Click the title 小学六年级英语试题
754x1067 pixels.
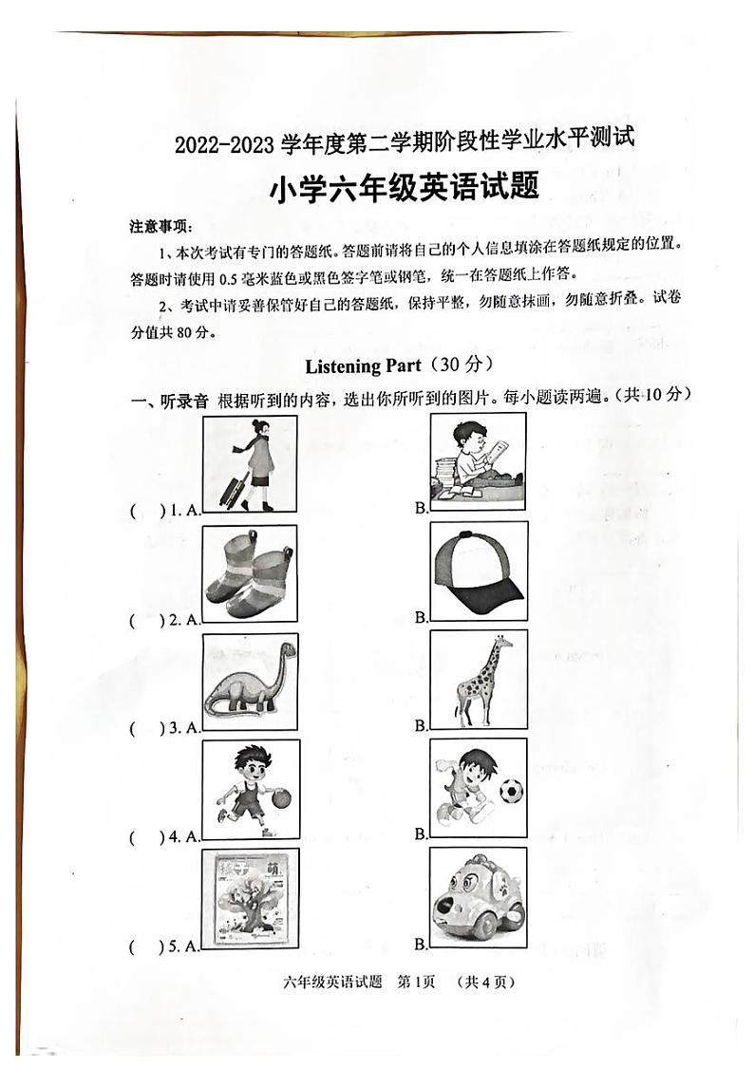[x=405, y=187]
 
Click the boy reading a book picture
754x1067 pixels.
[x=478, y=463]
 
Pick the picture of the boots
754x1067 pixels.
[x=250, y=573]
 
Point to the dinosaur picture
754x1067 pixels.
[x=250, y=681]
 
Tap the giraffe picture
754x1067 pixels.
[x=478, y=679]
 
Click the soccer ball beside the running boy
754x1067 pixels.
[x=511, y=790]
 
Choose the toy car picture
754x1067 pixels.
[x=478, y=897]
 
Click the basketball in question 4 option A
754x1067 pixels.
[x=281, y=799]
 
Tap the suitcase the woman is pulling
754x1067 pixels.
[x=233, y=490]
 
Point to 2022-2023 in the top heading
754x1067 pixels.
[x=225, y=145]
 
